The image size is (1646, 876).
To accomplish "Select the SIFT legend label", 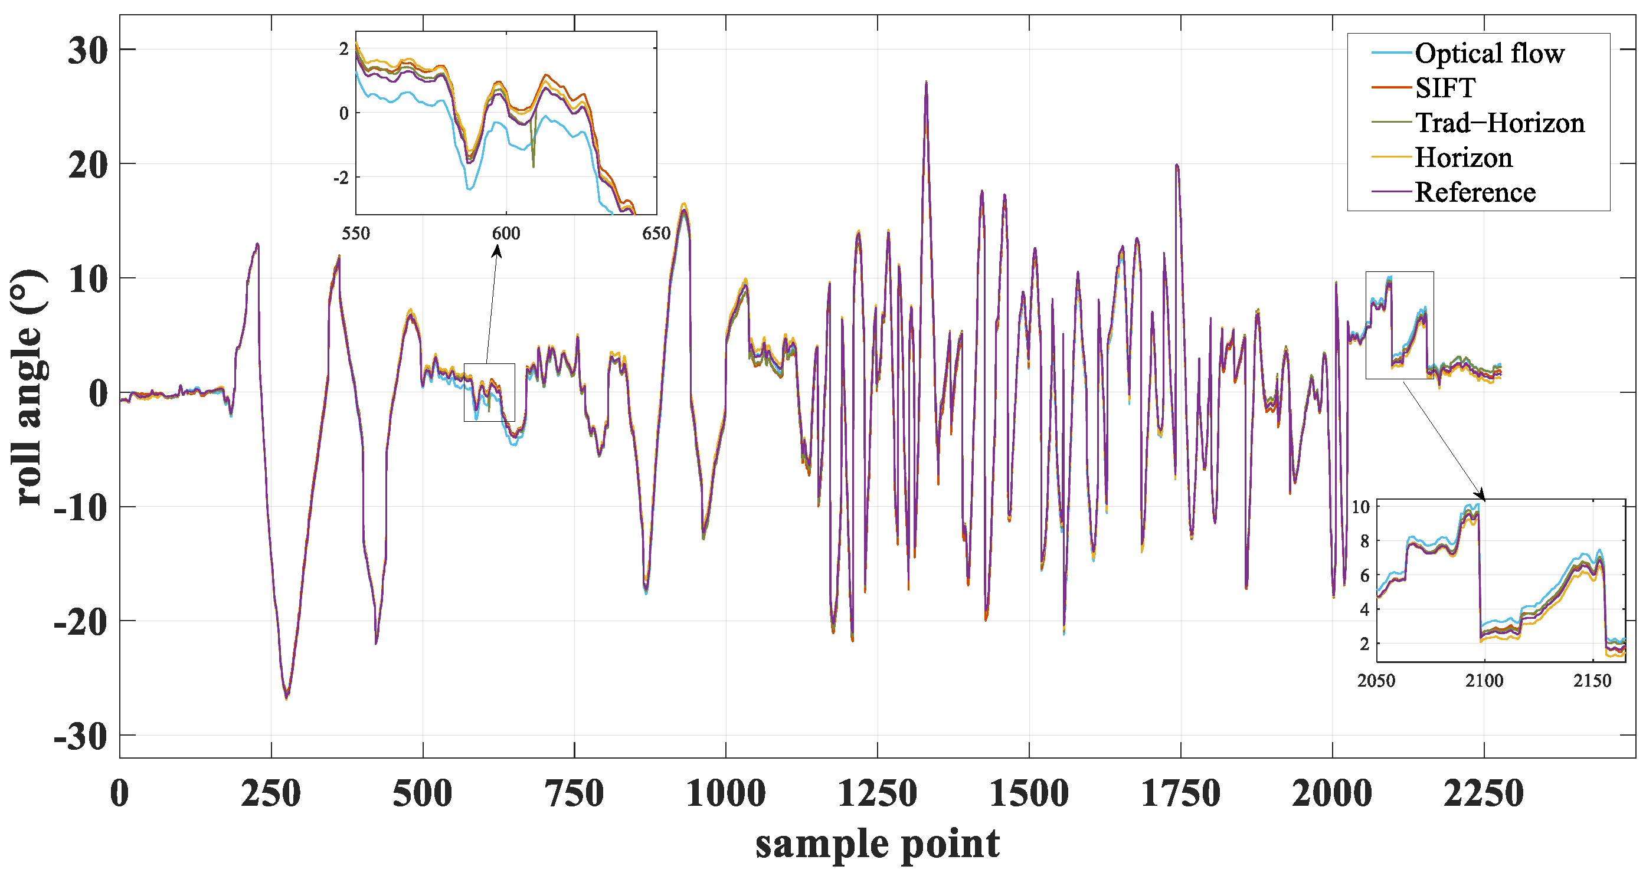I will [x=1445, y=87].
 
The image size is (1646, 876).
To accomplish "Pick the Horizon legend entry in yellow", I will [x=1463, y=157].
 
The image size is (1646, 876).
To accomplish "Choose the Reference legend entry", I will [x=1475, y=192].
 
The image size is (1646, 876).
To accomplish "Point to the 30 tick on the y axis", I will [x=87, y=50].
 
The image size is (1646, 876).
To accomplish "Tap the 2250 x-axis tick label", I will [x=1483, y=793].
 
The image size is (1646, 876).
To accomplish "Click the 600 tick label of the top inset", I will [x=506, y=234].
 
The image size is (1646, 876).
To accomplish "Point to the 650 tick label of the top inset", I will [x=656, y=234].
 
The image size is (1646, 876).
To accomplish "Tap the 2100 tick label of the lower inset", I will [x=1484, y=681].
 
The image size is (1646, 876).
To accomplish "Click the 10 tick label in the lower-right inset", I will [x=1360, y=507].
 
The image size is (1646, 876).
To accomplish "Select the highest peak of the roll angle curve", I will [x=926, y=83].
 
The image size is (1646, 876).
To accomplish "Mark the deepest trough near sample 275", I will [x=286, y=698].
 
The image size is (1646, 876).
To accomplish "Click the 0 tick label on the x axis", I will [x=119, y=793].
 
